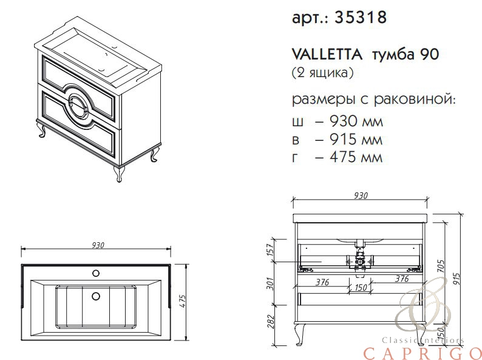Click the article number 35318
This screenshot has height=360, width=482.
click(x=360, y=17)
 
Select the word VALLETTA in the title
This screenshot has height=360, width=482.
click(x=327, y=55)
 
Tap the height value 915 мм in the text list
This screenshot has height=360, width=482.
click(x=356, y=140)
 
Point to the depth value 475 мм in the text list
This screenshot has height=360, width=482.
click(x=356, y=157)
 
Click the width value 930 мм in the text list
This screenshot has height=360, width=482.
click(x=356, y=122)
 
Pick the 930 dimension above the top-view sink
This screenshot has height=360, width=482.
click(x=98, y=245)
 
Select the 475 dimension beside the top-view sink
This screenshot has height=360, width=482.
click(x=182, y=302)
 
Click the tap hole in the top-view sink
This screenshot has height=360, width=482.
click(x=96, y=273)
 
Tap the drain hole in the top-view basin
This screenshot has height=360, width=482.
click(x=96, y=296)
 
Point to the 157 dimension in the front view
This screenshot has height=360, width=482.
click(x=270, y=250)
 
